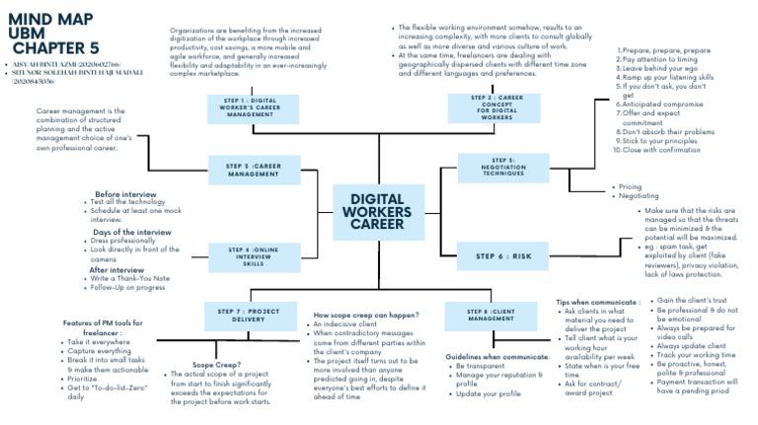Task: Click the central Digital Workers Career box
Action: coord(378,211)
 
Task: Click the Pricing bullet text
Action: coord(630,186)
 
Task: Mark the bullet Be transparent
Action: coord(480,366)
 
